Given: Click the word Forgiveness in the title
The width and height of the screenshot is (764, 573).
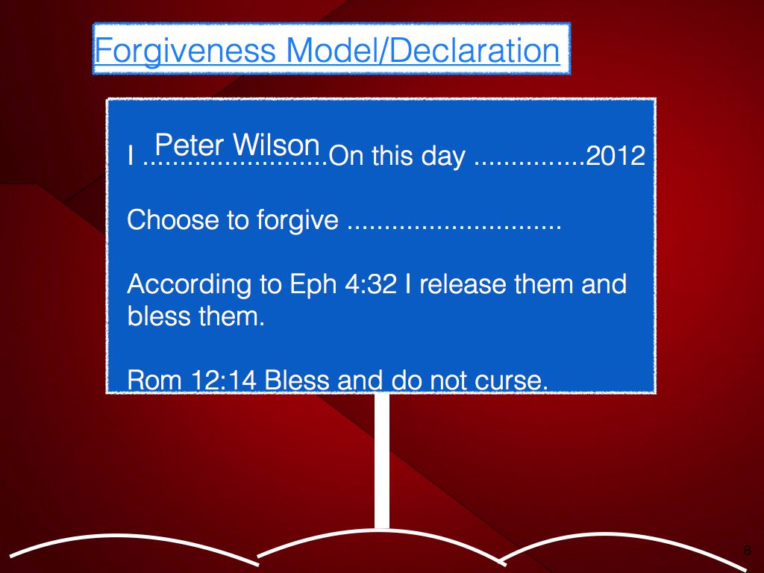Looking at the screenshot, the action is pyautogui.click(x=185, y=51).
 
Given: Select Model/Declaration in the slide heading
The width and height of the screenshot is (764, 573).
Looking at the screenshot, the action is pyautogui.click(x=423, y=50).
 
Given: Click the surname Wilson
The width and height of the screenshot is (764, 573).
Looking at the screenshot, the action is pyautogui.click(x=276, y=145).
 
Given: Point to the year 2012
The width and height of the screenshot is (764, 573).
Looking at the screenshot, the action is pyautogui.click(x=616, y=156).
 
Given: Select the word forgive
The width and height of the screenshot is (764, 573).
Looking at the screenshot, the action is pyautogui.click(x=297, y=221).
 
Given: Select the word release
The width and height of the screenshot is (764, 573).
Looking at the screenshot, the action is pyautogui.click(x=463, y=284).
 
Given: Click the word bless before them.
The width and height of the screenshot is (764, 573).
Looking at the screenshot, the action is pyautogui.click(x=159, y=316).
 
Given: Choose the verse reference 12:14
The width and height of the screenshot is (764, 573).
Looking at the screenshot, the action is pyautogui.click(x=224, y=380).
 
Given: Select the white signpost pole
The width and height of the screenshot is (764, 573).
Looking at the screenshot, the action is pyautogui.click(x=383, y=461).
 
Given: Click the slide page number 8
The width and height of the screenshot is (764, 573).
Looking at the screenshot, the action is pyautogui.click(x=747, y=550).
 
